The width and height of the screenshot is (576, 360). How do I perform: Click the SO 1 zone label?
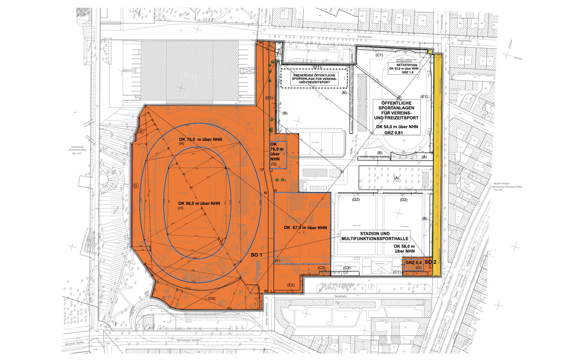[x=256, y=255]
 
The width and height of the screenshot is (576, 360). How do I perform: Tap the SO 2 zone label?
[x=430, y=262]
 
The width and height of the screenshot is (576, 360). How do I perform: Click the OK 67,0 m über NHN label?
[x=305, y=227]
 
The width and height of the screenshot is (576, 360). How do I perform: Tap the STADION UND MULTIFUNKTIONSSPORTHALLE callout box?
[x=375, y=236]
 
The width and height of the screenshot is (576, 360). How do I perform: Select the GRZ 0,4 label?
[x=413, y=263]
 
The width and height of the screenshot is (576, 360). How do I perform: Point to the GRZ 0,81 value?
[x=396, y=132]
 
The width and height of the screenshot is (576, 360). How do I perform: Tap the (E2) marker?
[x=291, y=285]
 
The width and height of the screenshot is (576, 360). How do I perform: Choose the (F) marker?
[x=278, y=260]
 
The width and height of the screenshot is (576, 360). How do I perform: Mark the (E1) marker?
[x=424, y=96]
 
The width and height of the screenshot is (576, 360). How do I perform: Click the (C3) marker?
[x=346, y=268]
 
